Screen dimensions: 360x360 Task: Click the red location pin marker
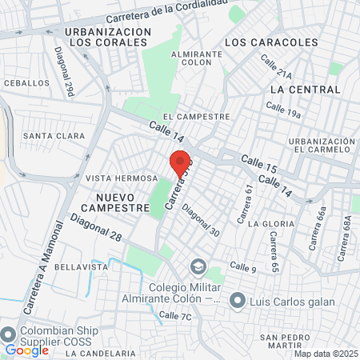[179, 161]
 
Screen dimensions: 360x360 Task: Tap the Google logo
[27, 350]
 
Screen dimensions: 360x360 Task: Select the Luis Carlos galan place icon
[237, 300]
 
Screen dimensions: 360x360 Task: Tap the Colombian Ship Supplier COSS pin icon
[9, 334]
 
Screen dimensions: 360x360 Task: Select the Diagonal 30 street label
[200, 220]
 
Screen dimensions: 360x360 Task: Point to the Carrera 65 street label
[274, 251]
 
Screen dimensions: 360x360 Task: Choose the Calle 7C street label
[175, 316]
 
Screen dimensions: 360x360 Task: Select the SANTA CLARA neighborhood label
[54, 136]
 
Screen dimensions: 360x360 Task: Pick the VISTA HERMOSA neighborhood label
[122, 178]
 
